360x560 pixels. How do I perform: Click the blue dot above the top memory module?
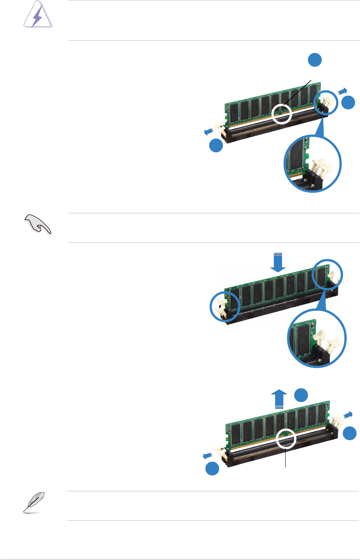[315, 60]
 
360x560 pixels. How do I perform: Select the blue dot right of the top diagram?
[348, 103]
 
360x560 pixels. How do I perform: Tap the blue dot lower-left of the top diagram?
[216, 145]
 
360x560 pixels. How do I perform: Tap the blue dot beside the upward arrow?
[301, 395]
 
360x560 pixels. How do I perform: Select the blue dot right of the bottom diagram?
[350, 434]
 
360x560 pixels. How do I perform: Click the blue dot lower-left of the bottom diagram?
[213, 469]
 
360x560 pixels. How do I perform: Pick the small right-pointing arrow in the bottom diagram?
[347, 414]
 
